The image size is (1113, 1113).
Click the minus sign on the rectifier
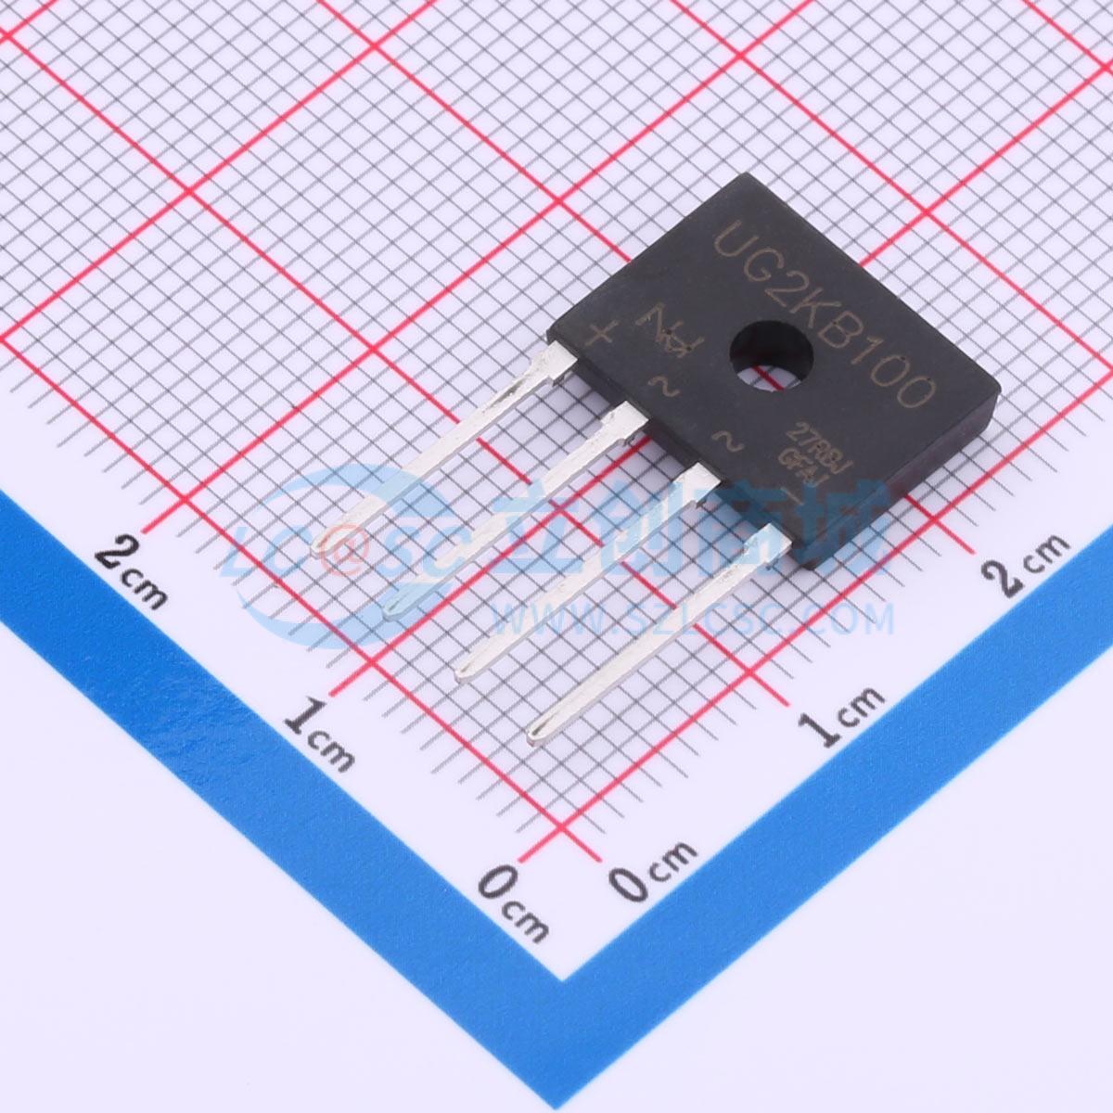794,493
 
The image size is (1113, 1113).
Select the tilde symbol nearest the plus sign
663,384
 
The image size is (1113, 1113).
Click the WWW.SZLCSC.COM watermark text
691,617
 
